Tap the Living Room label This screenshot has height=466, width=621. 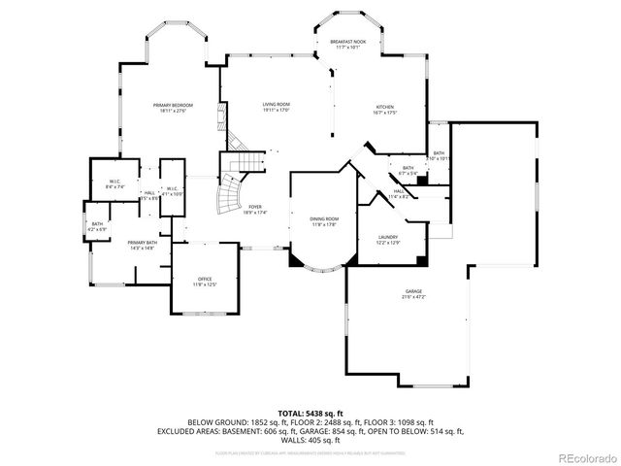(x=277, y=108)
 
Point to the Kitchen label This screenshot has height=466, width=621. (x=386, y=110)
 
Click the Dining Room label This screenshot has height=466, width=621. (x=323, y=221)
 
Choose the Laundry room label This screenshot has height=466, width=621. (x=387, y=239)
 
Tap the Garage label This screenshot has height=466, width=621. (x=415, y=294)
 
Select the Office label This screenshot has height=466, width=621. (x=204, y=282)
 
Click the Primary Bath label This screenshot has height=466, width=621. (x=142, y=245)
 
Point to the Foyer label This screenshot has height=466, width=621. (x=255, y=210)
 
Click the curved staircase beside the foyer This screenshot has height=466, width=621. (x=232, y=193)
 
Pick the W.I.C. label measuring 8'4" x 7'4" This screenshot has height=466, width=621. (x=114, y=183)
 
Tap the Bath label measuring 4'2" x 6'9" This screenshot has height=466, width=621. (x=97, y=226)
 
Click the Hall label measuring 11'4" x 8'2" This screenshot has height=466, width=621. (x=398, y=194)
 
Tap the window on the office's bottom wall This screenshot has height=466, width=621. (x=206, y=315)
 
